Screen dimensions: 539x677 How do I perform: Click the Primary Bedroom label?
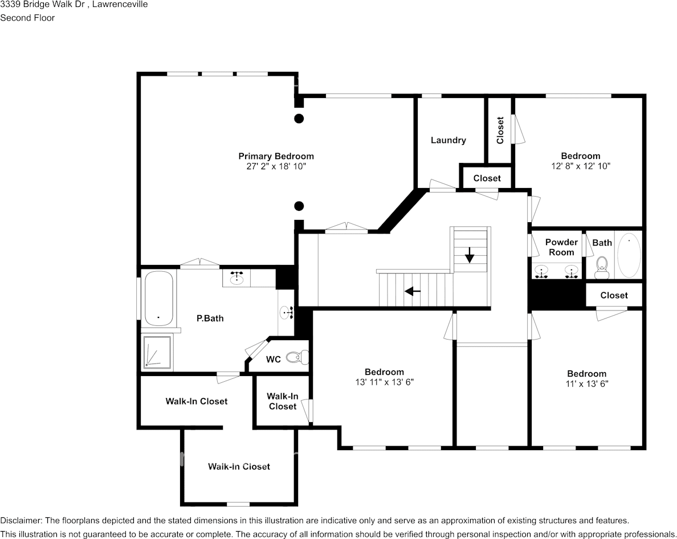276,156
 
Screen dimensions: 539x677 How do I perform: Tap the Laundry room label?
448,140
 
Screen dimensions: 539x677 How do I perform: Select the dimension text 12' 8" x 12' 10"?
580,166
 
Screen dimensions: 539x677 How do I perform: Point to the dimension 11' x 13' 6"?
586,384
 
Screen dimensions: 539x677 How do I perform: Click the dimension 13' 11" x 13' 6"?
384,382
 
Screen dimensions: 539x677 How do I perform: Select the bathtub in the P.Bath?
158,297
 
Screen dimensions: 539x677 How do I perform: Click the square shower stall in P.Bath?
156,352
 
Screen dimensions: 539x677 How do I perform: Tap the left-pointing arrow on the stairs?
413,291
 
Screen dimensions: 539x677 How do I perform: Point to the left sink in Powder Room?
543,271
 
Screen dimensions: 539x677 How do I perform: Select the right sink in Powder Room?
570,271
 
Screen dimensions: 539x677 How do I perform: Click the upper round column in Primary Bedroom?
298,119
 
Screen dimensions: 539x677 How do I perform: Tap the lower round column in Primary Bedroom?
298,206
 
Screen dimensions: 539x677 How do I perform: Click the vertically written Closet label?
500,130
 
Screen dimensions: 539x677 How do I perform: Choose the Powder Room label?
561,247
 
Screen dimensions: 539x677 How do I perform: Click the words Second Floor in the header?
27,18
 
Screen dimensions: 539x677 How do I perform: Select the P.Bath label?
210,318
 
